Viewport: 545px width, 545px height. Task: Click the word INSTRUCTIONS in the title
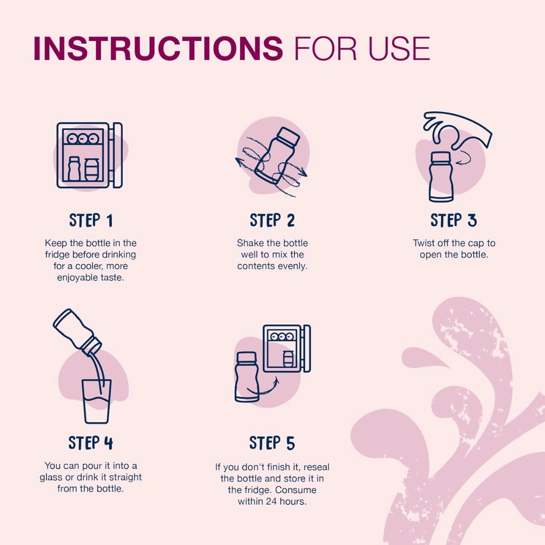point(158,49)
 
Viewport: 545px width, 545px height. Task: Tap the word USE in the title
point(399,49)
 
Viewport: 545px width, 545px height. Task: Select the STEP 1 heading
point(90,220)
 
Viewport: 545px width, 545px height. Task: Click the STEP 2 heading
point(272,220)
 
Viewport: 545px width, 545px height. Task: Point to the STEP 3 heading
point(453,220)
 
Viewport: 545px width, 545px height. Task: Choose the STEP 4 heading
point(90,443)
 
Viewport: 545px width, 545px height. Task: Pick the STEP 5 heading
point(272,443)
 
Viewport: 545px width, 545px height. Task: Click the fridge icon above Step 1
point(89,155)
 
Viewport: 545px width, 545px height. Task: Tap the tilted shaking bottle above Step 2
point(277,155)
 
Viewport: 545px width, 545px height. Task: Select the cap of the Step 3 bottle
point(441,158)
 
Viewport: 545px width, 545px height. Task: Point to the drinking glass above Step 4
point(96,402)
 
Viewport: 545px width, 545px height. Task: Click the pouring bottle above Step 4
point(77,330)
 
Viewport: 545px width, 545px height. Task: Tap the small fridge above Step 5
point(287,348)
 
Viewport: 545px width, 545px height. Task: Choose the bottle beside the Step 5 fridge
point(246,378)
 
